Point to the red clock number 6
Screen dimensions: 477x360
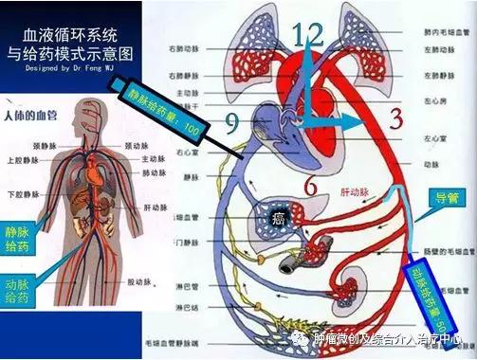click(310, 187)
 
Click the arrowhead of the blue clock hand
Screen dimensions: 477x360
click(361, 121)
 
